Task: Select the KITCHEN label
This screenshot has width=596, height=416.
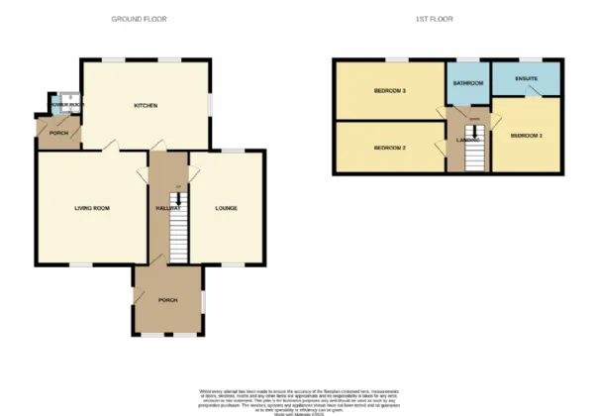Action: (x=147, y=105)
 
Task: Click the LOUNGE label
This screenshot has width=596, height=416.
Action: (x=226, y=208)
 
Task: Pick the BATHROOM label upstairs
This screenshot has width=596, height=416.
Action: (x=467, y=83)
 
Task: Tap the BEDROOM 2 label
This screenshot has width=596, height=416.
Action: (x=390, y=148)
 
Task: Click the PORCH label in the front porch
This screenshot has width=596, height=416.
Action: (x=166, y=299)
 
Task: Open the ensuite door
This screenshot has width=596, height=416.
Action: (x=533, y=92)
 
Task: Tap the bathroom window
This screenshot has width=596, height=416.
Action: (x=466, y=60)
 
